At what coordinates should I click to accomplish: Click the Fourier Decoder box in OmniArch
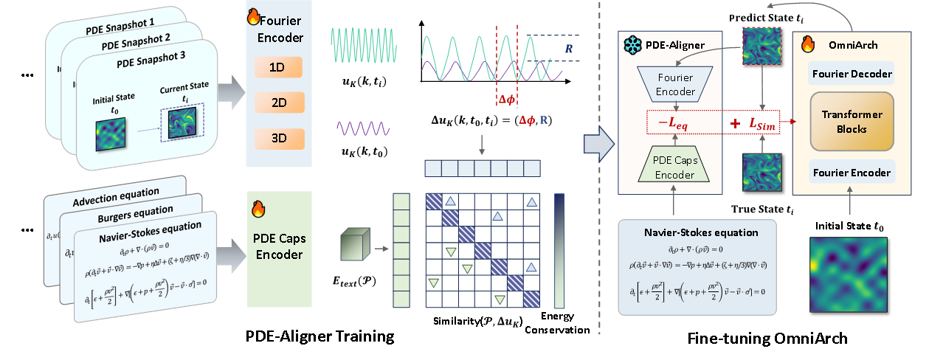[x=851, y=74]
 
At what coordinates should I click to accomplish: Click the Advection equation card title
[x=116, y=193]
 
